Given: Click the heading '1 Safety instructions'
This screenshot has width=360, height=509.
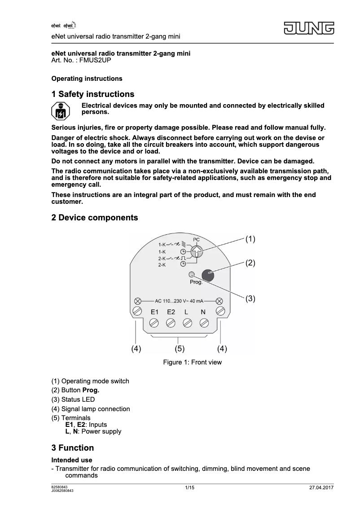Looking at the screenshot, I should pyautogui.click(x=93, y=94).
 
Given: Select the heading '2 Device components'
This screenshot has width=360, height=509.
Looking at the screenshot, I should pyautogui.click(x=95, y=218).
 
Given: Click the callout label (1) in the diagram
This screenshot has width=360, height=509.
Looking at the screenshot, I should pyautogui.click(x=250, y=239).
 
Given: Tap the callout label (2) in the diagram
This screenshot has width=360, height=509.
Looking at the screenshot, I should pyautogui.click(x=250, y=263).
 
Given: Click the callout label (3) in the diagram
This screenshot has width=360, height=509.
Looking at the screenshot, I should pyautogui.click(x=250, y=298).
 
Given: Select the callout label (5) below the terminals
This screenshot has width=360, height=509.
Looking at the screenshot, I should pyautogui.click(x=180, y=348).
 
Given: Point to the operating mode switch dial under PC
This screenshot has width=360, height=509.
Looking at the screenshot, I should pyautogui.click(x=196, y=251).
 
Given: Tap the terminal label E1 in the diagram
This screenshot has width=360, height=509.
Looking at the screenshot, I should pyautogui.click(x=155, y=312).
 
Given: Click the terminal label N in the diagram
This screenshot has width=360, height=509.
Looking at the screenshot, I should pyautogui.click(x=203, y=312).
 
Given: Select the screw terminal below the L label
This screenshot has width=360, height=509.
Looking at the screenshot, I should pyautogui.click(x=187, y=322).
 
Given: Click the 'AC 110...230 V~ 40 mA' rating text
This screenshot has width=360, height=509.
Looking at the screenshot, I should pyautogui.click(x=179, y=301).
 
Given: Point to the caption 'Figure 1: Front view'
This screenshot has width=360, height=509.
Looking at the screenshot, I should pyautogui.click(x=192, y=362).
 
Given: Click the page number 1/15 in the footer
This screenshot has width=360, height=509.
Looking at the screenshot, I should pyautogui.click(x=189, y=488).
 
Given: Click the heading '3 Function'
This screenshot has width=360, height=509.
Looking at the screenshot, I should pyautogui.click(x=73, y=448).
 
